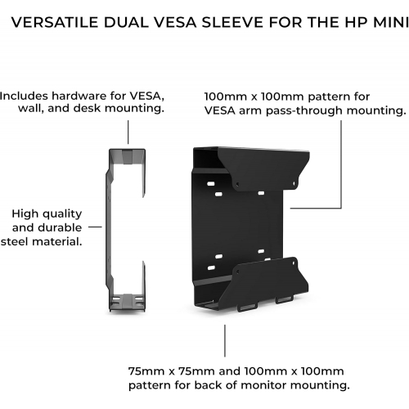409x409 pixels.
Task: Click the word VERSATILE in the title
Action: coord(55,22)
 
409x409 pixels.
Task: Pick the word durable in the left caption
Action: coord(60,227)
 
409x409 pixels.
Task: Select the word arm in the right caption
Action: coord(250,111)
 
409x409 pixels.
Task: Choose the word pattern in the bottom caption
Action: coord(150,385)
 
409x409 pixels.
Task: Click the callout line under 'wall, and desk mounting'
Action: coord(128,132)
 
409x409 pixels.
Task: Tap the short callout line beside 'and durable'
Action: coord(95,227)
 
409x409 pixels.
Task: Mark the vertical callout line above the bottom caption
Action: coord(225,340)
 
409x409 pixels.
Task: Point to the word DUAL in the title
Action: coord(126,22)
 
